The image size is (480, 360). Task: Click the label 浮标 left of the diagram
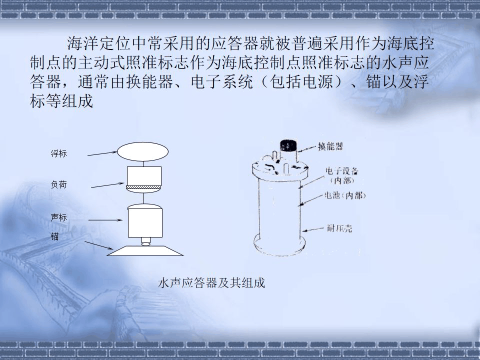click(58, 154)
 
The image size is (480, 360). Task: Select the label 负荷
click(58, 185)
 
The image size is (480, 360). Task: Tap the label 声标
click(58, 218)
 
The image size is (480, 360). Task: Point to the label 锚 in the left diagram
click(54, 236)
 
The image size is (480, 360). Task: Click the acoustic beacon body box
click(145, 222)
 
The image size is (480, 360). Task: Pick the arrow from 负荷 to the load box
click(108, 185)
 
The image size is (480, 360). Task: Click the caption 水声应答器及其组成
click(211, 283)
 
